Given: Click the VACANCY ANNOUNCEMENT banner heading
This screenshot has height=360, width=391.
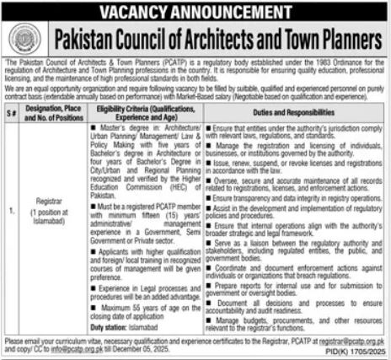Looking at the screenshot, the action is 195,11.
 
